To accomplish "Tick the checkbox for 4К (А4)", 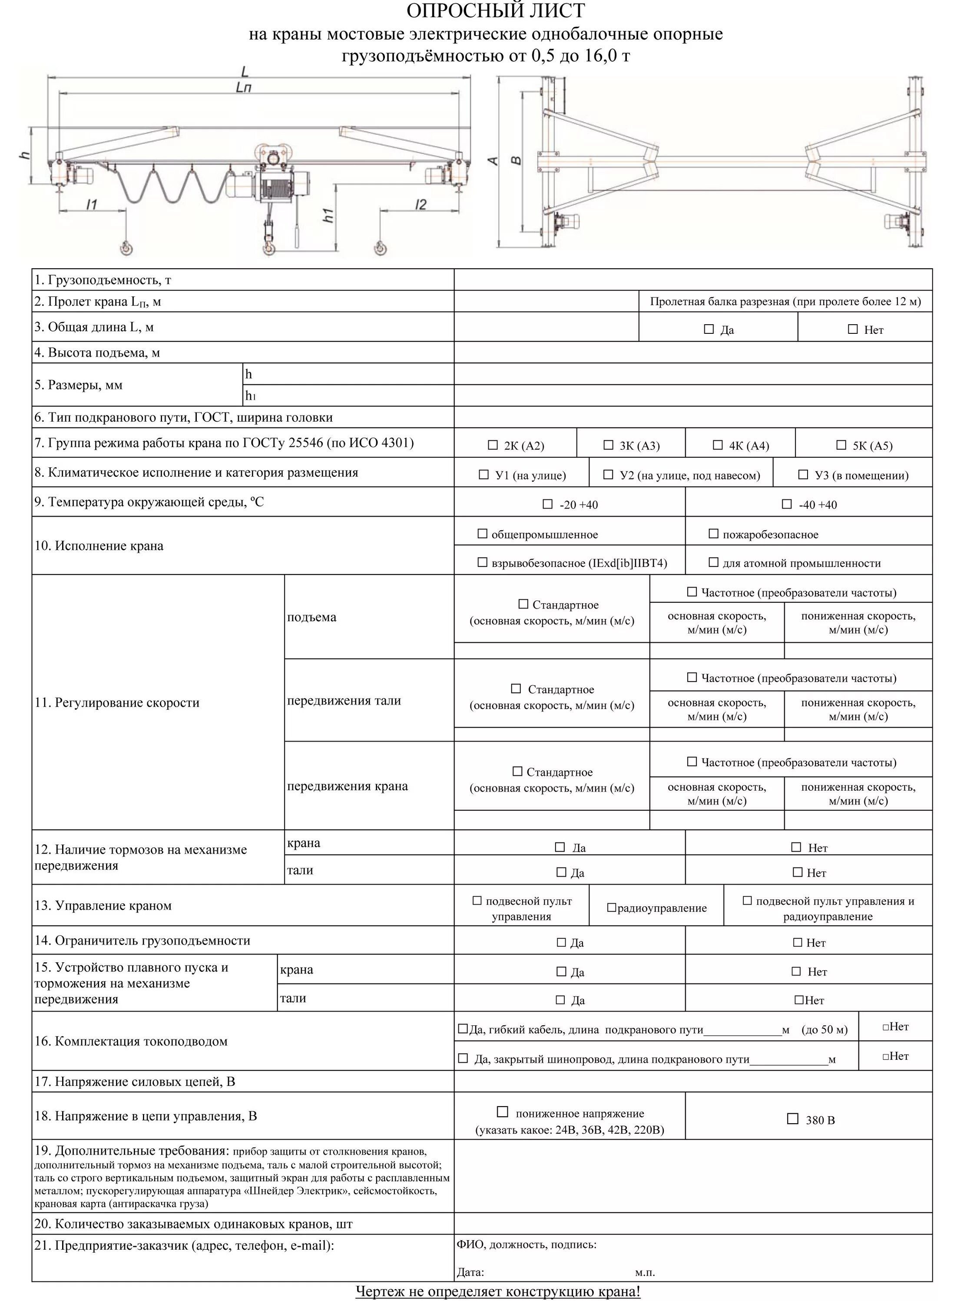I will tap(718, 445).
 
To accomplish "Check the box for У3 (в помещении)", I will tap(802, 475).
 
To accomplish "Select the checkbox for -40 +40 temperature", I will tap(787, 504).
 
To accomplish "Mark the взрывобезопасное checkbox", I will tap(482, 562).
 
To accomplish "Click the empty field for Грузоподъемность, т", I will tap(692, 279).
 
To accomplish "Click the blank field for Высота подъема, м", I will tap(692, 353).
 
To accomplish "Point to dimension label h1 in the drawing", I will tap(329, 216).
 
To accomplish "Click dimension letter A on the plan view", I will tap(493, 160).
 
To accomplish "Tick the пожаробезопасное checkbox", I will tap(713, 533).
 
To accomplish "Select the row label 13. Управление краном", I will tap(103, 905).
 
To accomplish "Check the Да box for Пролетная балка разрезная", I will tap(709, 329).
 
